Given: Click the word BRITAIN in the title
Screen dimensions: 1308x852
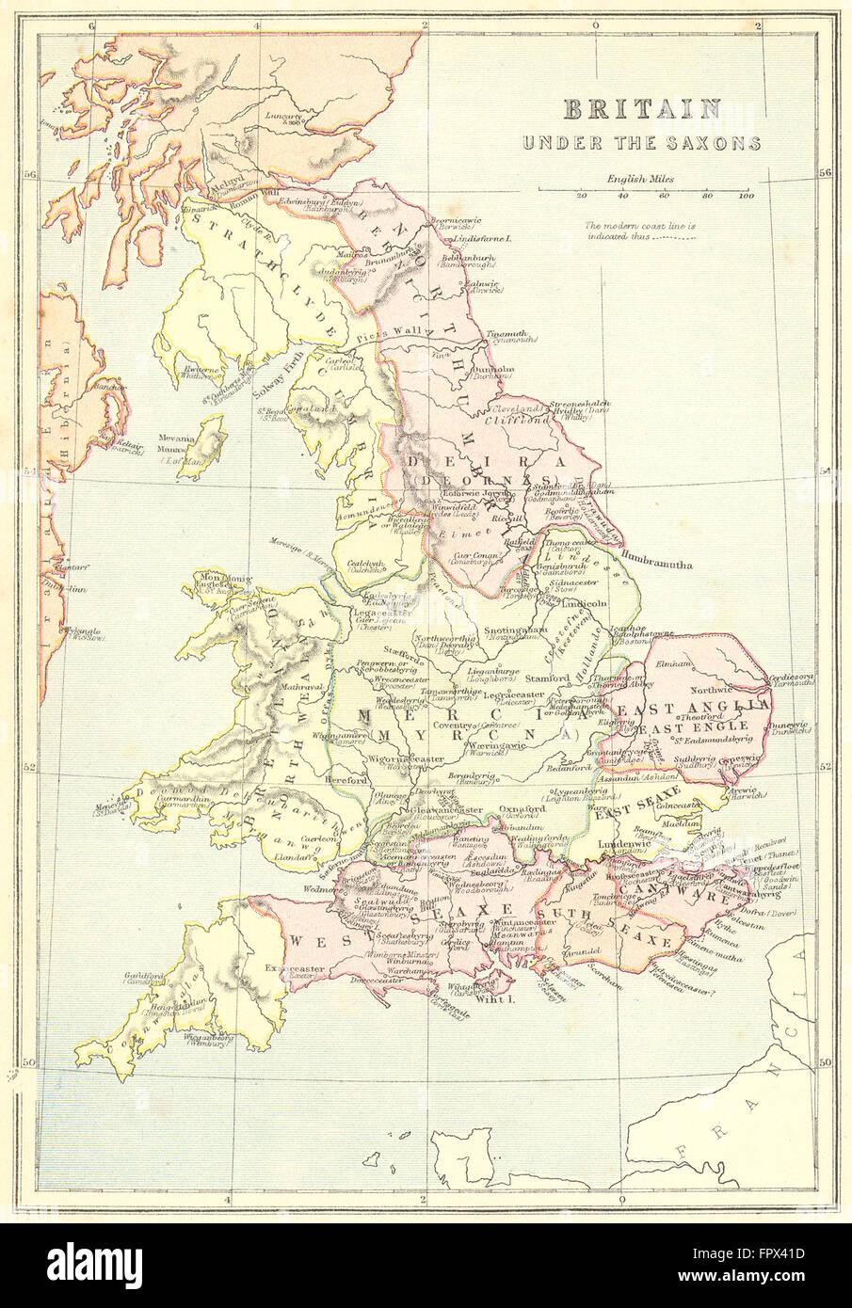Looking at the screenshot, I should click(x=641, y=109).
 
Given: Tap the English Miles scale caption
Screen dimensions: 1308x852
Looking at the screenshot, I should click(x=640, y=178).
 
